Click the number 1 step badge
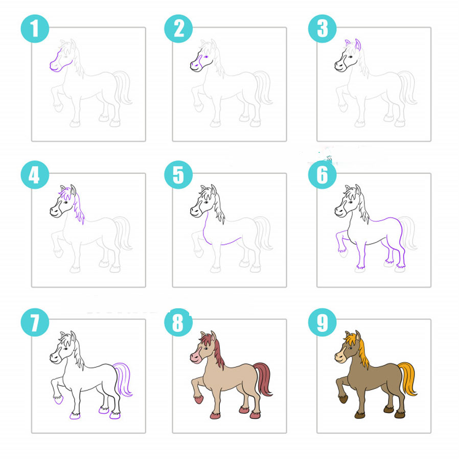(35, 29)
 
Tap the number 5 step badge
(178, 175)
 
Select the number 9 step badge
(322, 322)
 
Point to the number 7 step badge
(35, 322)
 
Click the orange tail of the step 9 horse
(408, 378)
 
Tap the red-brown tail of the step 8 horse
(263, 378)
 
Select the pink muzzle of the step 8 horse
(195, 358)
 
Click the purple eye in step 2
(206, 57)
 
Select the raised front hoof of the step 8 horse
(199, 399)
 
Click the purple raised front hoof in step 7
(58, 399)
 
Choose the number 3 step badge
(322, 29)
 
